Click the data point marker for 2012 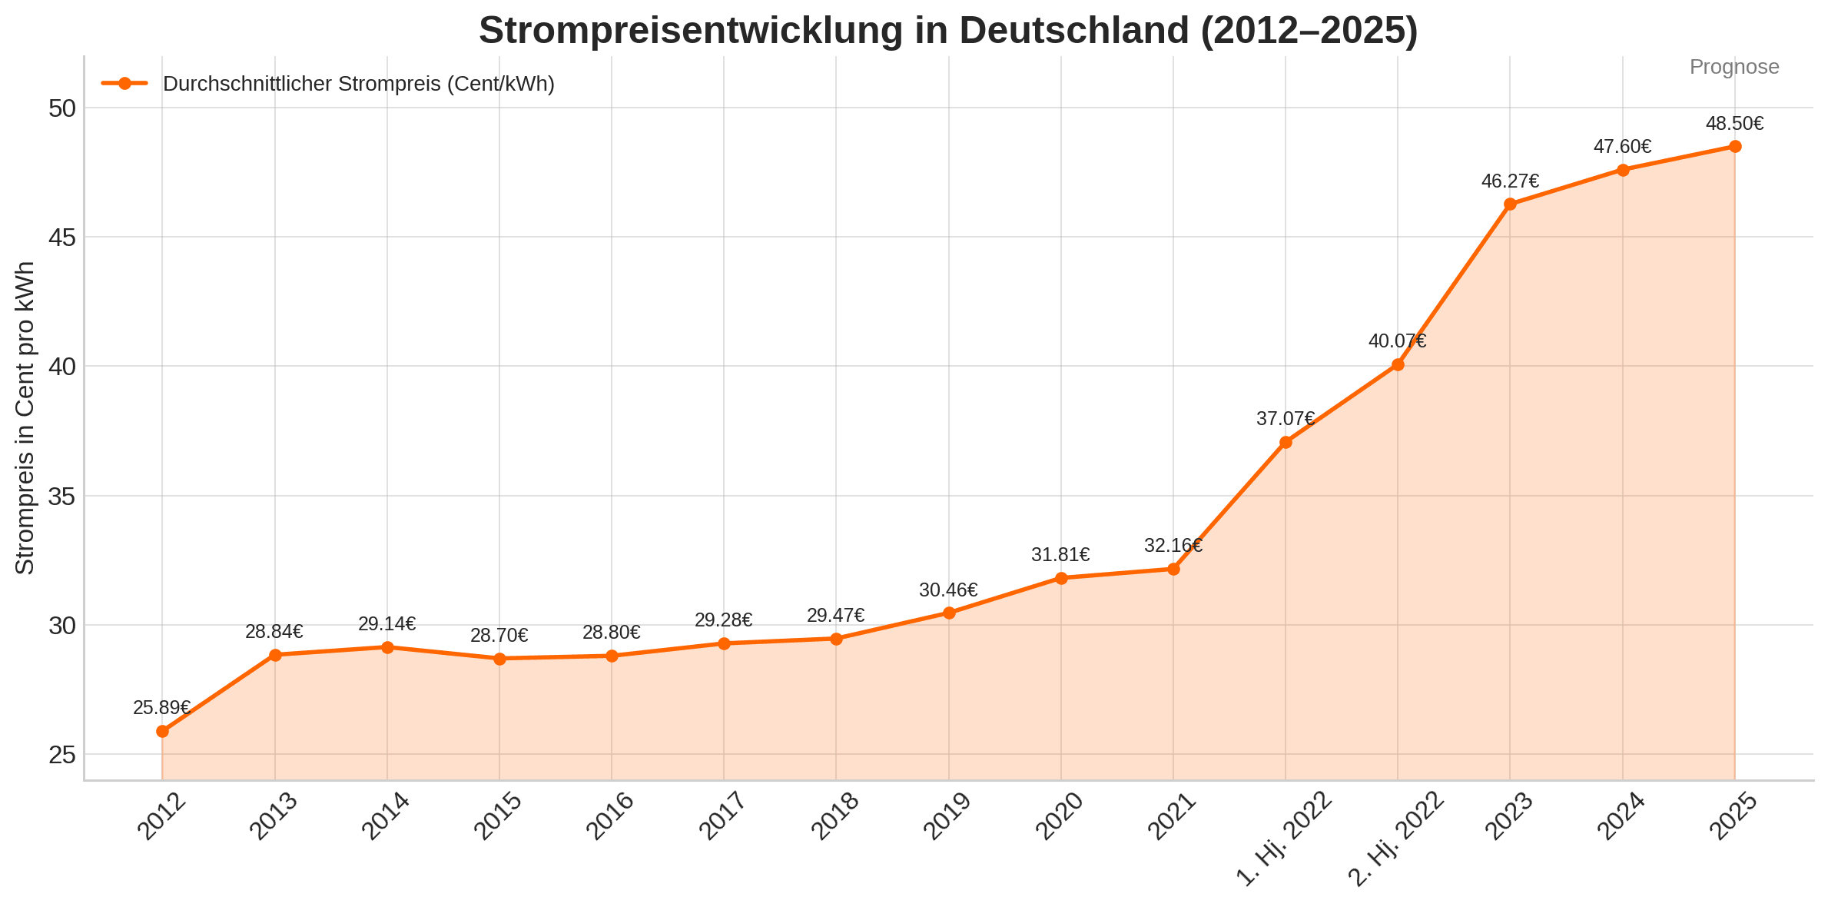(x=162, y=731)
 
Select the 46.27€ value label (x=1510, y=181)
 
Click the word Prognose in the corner (x=1734, y=67)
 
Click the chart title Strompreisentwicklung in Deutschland (x=948, y=31)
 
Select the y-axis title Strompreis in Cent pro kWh (x=25, y=417)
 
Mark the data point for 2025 (x=1735, y=147)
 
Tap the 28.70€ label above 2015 (x=499, y=636)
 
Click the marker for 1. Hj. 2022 (x=1286, y=442)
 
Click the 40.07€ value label (x=1398, y=341)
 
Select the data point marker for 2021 (x=1173, y=569)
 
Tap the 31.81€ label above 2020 (x=1061, y=555)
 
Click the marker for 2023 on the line (x=1510, y=204)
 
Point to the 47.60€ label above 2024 (x=1623, y=147)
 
